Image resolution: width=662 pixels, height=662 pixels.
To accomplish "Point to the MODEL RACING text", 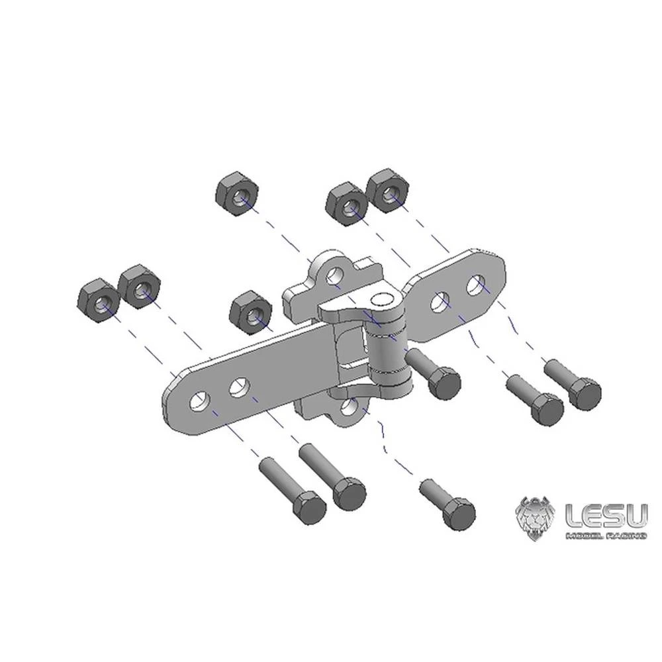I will (x=604, y=535).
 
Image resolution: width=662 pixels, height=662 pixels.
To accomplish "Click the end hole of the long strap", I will (x=198, y=400).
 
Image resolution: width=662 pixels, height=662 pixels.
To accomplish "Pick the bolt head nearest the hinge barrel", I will (x=443, y=383).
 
